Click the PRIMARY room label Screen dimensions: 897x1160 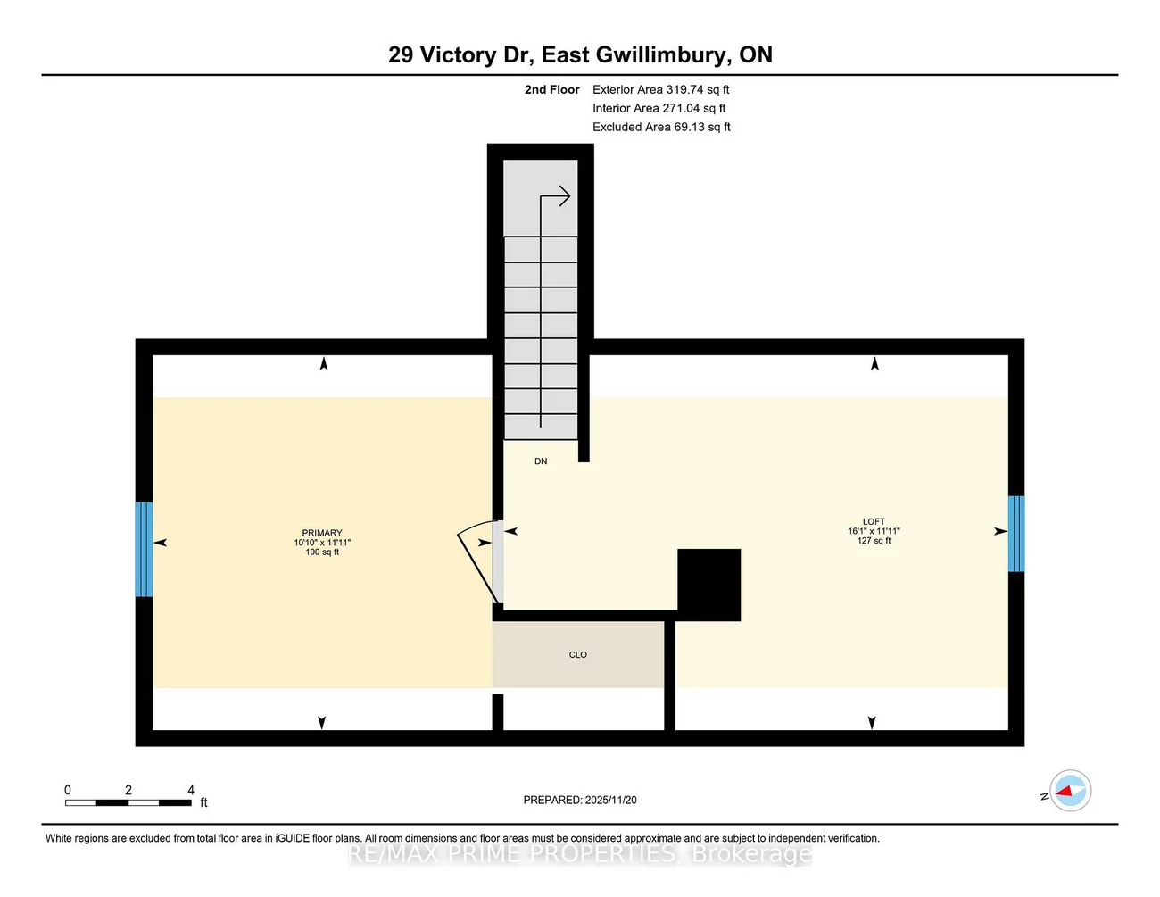(x=322, y=533)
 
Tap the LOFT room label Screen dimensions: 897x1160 (x=874, y=521)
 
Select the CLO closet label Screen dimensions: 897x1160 (x=578, y=655)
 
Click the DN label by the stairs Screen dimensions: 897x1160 (x=541, y=461)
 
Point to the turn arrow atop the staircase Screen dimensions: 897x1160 (x=556, y=197)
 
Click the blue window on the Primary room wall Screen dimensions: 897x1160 (x=144, y=549)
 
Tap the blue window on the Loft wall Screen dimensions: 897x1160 (x=1015, y=534)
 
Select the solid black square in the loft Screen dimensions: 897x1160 (x=708, y=585)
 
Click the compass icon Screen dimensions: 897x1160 (x=1070, y=791)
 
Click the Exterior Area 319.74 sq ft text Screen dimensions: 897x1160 (x=660, y=89)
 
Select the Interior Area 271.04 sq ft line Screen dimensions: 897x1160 (x=659, y=108)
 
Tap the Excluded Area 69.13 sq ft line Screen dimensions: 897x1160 (x=661, y=127)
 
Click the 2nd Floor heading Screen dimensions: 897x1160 (x=551, y=89)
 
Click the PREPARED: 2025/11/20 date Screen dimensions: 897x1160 (x=580, y=800)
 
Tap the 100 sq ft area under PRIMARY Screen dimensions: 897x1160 (x=322, y=552)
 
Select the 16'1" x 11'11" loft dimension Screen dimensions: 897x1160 (x=874, y=531)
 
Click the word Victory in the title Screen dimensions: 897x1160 (x=458, y=54)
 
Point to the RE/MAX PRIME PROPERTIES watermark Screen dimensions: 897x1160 (x=580, y=854)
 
